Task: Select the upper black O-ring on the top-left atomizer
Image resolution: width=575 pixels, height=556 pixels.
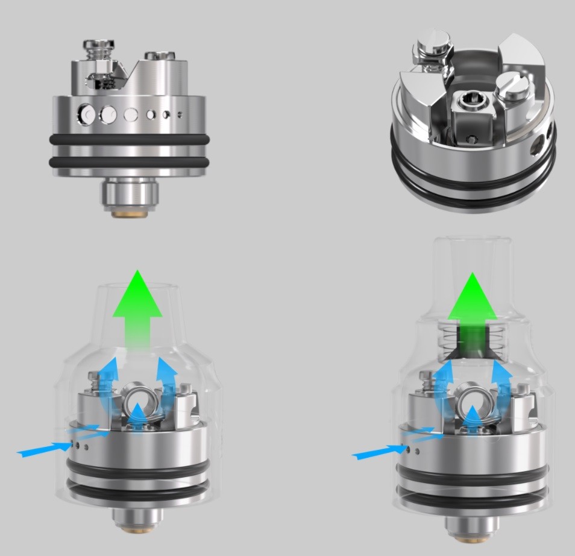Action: click(130, 139)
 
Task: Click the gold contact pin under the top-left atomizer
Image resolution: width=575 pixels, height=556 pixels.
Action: click(130, 210)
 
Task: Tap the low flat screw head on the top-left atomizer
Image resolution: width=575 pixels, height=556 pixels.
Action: click(159, 56)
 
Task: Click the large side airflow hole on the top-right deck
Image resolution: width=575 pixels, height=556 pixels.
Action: click(535, 148)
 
